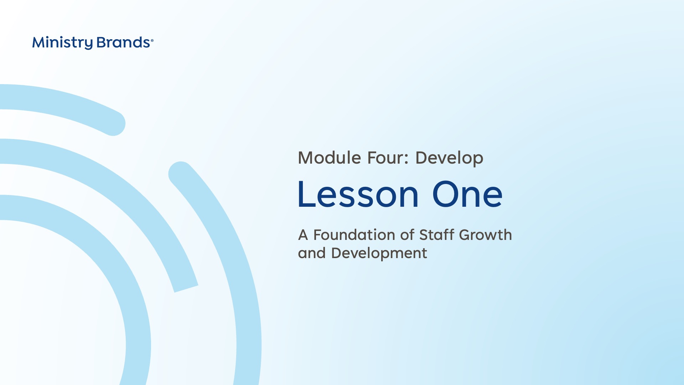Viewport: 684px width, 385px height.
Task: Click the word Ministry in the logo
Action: pos(62,43)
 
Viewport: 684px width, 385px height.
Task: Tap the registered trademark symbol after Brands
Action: pos(152,41)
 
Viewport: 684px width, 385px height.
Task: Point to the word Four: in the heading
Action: pos(388,158)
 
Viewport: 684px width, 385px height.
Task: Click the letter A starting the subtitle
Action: pos(303,235)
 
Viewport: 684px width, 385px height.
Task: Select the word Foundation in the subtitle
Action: pos(354,235)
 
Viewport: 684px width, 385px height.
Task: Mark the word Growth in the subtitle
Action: pos(485,235)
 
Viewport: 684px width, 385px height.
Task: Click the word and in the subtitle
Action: pos(312,253)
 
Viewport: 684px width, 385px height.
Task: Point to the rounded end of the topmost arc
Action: pos(115,123)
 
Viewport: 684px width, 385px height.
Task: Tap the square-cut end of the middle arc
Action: pos(186,289)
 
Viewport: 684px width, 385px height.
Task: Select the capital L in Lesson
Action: pos(306,194)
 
